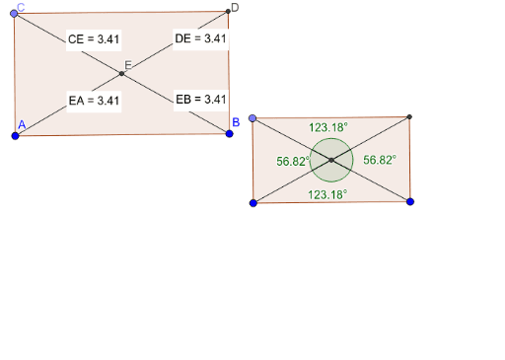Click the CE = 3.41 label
[x=94, y=40]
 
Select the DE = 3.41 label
[x=200, y=39]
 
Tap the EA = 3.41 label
[x=94, y=100]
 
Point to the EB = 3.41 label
[x=200, y=99]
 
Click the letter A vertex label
[x=20, y=124]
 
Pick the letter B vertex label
[x=235, y=121]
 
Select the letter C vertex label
[x=21, y=7]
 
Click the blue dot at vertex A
[x=15, y=135]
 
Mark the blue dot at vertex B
[x=229, y=131]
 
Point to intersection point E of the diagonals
[x=121, y=74]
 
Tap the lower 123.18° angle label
[x=327, y=195]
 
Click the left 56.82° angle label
[x=293, y=160]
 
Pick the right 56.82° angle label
[x=379, y=160]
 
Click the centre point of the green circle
[x=331, y=159]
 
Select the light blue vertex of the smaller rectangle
[x=253, y=118]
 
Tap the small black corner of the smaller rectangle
[x=408, y=116]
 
